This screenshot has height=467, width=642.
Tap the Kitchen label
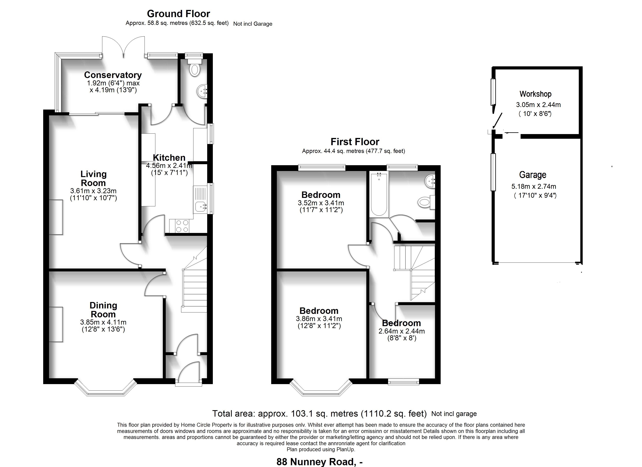point(169,158)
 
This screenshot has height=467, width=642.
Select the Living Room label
point(93,178)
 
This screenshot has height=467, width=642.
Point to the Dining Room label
point(103,310)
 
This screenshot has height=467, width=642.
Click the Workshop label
point(535,94)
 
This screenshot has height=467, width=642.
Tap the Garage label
point(532,175)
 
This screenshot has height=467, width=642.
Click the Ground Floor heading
point(178,14)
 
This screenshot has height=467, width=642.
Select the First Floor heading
point(355,142)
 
